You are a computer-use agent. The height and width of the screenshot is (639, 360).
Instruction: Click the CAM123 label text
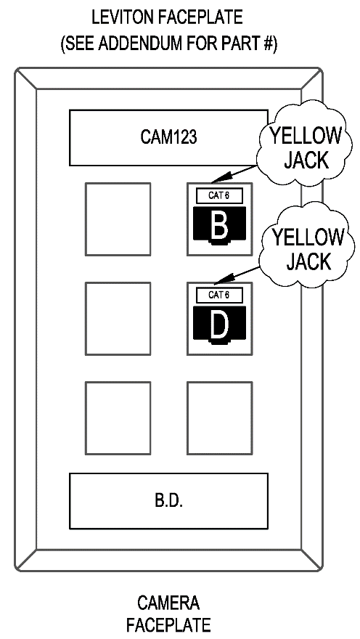(168, 137)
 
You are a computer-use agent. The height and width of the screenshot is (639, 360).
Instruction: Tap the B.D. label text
(168, 501)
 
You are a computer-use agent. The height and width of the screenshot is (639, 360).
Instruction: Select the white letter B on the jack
(219, 225)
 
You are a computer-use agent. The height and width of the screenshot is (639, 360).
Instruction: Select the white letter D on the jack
(219, 325)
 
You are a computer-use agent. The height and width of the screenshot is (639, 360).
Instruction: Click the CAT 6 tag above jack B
(219, 195)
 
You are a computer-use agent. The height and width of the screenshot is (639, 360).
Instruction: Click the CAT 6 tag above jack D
(219, 295)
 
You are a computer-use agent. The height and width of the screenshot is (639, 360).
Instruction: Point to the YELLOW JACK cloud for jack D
(307, 248)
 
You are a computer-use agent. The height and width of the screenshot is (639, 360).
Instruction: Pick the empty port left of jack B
(118, 219)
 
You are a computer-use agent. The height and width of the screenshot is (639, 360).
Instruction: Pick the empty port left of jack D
(118, 319)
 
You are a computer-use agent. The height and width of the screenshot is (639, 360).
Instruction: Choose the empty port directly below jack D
(220, 418)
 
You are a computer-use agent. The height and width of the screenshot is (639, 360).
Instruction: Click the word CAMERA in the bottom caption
(168, 603)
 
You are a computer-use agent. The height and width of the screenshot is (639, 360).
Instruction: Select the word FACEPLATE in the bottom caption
(168, 624)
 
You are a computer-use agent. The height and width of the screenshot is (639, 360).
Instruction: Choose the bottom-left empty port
(118, 418)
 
